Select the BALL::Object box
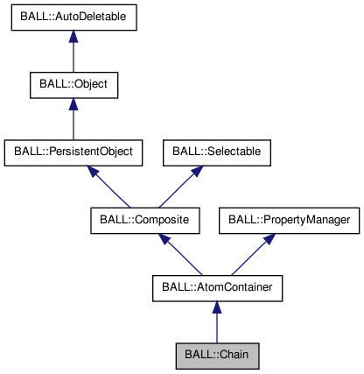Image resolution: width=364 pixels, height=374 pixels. (73, 86)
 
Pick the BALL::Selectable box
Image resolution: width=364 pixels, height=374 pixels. (216, 152)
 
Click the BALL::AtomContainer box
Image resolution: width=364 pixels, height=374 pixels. (217, 286)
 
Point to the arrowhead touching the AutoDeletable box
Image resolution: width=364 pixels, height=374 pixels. (73, 39)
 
